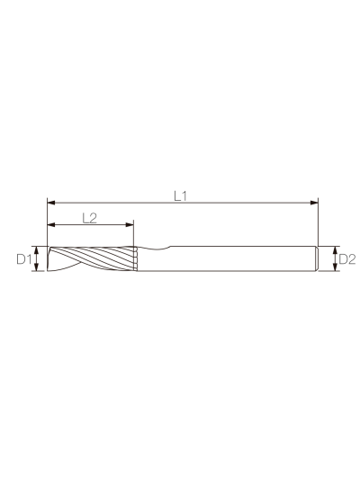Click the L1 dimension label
click(180, 196)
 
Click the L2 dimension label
click(90, 218)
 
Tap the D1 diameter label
click(23, 259)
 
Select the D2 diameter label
click(347, 259)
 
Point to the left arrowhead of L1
click(51, 203)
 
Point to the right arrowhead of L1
click(314, 203)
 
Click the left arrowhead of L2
click(51, 225)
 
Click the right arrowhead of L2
click(130, 225)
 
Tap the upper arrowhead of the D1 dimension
click(37, 249)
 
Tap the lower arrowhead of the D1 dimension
click(37, 267)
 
